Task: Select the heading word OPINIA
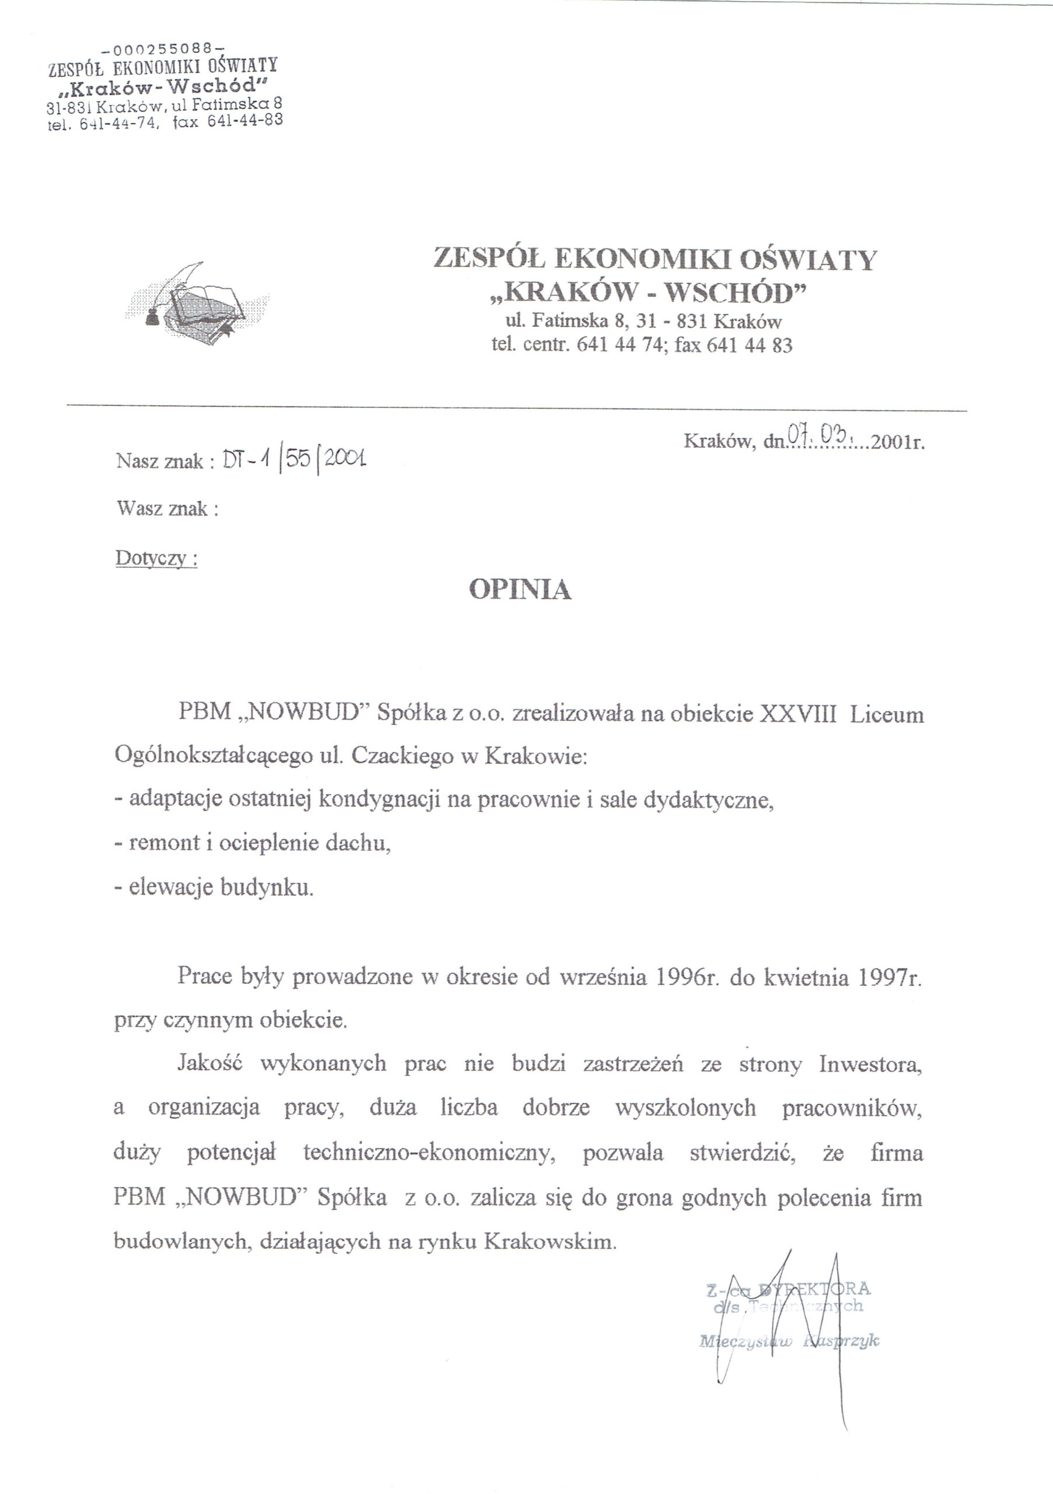coord(520,589)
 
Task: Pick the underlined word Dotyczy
coord(156,558)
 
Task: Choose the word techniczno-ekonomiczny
coord(429,1153)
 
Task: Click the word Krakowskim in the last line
coord(550,1241)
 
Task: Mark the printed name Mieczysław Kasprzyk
coord(789,1342)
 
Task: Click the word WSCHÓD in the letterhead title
coord(735,294)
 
